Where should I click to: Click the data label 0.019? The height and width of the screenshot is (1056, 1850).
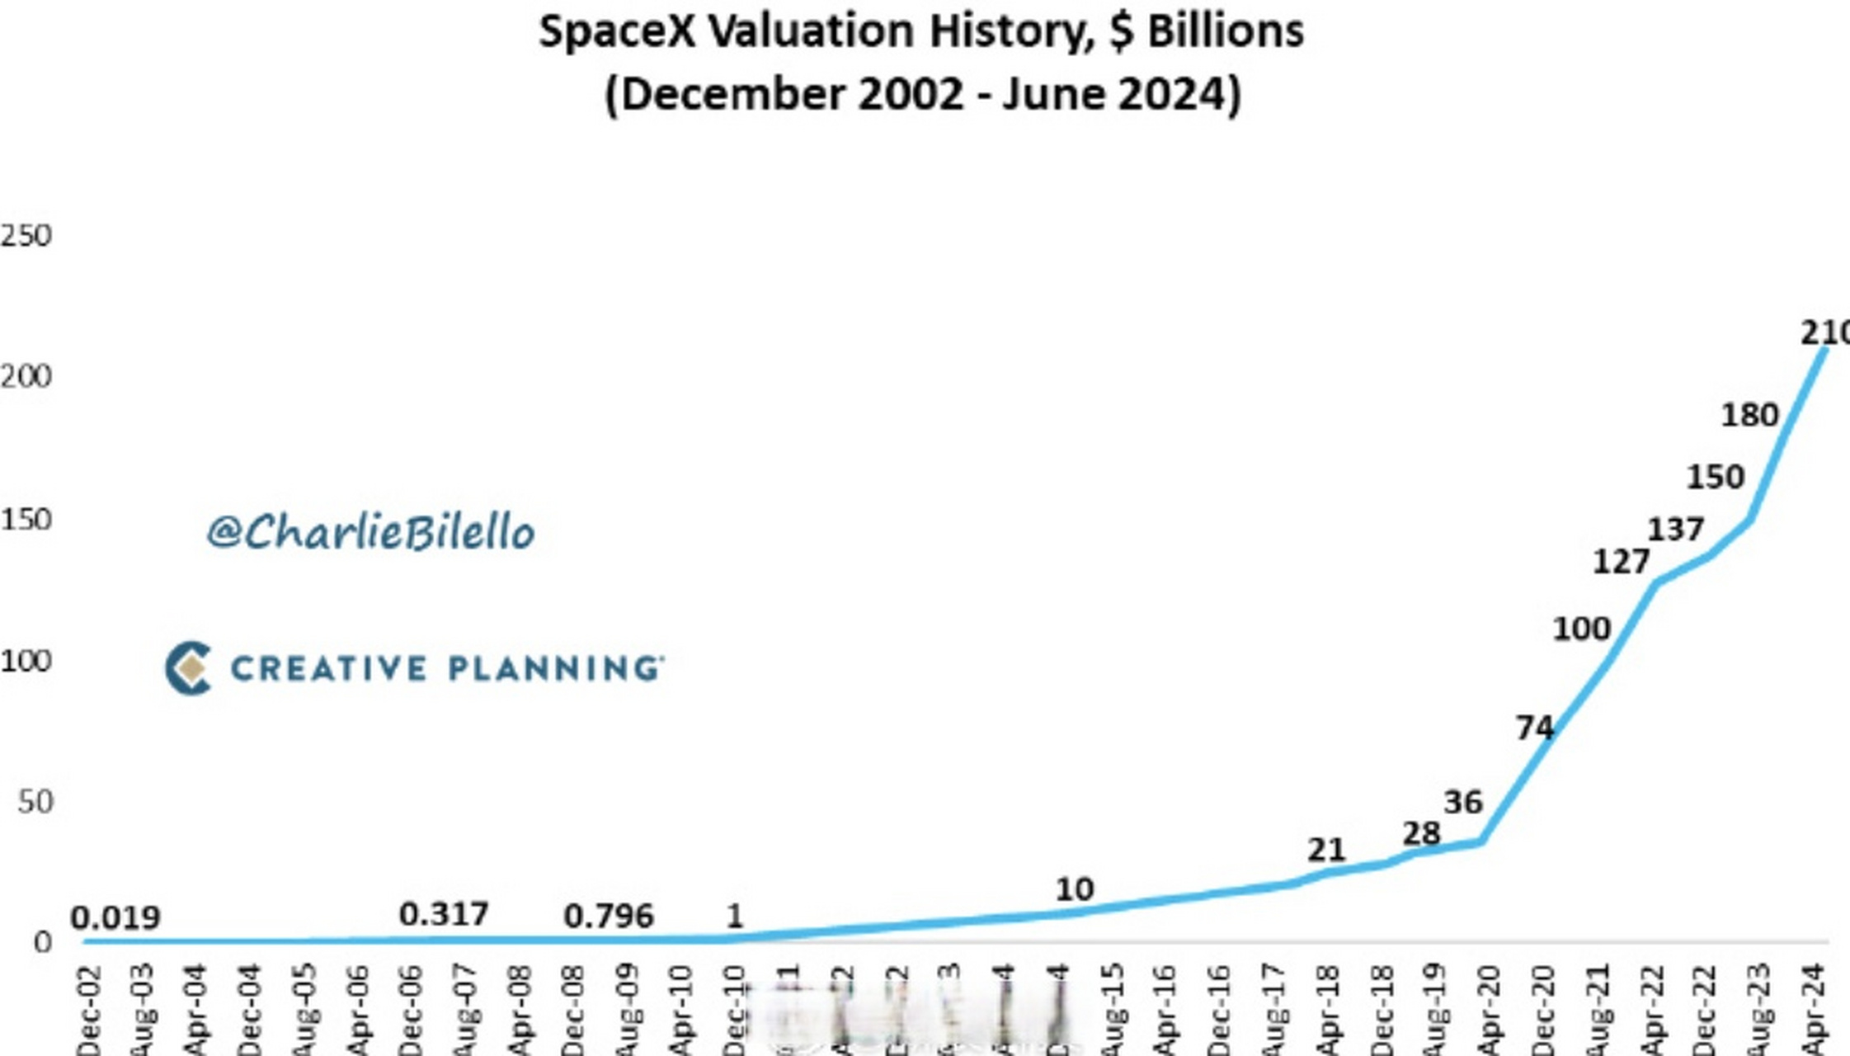tap(115, 917)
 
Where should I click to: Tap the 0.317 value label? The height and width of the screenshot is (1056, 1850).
tap(444, 914)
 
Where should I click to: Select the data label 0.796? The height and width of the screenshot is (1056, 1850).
tap(609, 916)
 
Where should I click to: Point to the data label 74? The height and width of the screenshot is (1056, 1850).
tap(1535, 728)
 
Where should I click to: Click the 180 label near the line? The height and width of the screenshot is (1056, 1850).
tap(1749, 414)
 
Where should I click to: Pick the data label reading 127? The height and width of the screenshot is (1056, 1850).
tap(1621, 562)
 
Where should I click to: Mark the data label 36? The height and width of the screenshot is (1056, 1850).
tap(1463, 802)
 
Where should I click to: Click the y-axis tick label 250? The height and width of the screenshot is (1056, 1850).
tap(26, 236)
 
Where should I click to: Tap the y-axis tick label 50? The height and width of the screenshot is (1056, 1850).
tap(35, 802)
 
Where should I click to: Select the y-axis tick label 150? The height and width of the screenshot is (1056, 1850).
tap(26, 520)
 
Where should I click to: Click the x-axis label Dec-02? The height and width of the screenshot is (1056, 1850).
tap(89, 1011)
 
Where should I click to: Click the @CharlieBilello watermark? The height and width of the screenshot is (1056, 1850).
tap(370, 532)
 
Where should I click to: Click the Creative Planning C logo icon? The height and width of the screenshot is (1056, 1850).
tap(188, 667)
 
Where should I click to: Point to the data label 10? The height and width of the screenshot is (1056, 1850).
tap(1075, 889)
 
